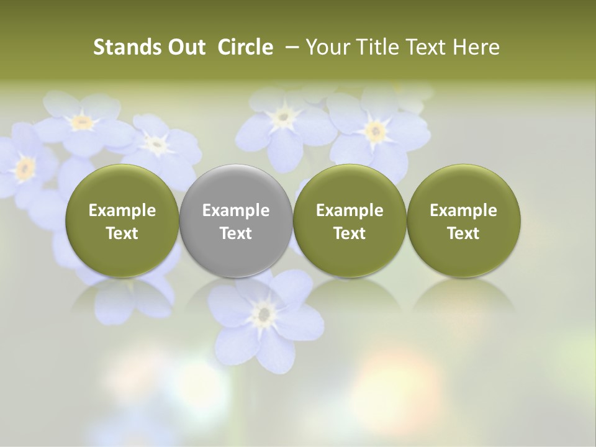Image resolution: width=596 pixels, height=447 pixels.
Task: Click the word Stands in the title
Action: point(122,47)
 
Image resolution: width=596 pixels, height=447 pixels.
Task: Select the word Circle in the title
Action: point(245,47)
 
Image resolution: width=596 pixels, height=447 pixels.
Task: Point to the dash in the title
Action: point(289,47)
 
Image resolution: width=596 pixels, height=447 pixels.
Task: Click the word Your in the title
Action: point(327,47)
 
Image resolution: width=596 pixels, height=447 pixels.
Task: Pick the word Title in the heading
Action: point(371,47)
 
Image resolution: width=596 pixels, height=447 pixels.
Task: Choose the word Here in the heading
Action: point(477,47)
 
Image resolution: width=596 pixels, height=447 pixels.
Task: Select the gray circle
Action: point(236,220)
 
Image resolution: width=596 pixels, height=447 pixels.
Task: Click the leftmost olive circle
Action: point(122,220)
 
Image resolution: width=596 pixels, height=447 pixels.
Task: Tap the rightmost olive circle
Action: point(463,220)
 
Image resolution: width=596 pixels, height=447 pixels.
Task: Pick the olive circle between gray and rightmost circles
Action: point(350,220)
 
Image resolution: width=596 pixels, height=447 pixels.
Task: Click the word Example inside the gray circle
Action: point(236,210)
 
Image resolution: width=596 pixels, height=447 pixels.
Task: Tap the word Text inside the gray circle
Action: point(236,233)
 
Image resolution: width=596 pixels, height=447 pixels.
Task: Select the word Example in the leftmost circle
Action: point(122,210)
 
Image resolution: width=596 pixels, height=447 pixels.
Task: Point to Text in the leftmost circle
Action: point(122,233)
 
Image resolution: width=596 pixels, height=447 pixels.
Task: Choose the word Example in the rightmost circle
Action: point(463,210)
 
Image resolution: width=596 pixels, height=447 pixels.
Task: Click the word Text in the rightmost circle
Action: point(463,233)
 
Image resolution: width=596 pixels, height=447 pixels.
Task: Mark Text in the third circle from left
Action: point(350,233)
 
